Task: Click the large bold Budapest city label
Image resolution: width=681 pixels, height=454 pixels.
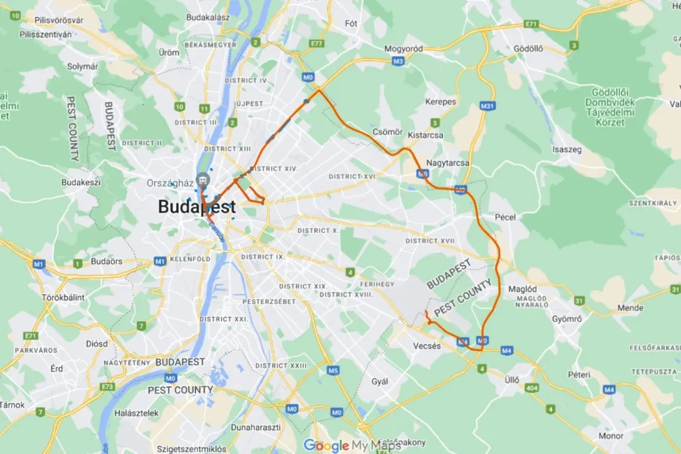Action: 197,207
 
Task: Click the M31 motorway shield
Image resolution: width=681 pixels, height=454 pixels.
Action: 488,106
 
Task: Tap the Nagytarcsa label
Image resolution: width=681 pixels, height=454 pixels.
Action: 448,163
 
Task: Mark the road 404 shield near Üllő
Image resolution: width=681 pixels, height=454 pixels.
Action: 531,388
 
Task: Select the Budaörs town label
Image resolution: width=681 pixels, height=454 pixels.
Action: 107,261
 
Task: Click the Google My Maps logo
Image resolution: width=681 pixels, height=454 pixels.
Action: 352,445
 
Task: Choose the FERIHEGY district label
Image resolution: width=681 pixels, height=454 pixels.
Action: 377,284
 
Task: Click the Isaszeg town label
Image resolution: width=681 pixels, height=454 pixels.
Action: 567,149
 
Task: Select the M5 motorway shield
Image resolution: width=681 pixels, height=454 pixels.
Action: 333,370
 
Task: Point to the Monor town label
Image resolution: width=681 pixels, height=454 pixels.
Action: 611,436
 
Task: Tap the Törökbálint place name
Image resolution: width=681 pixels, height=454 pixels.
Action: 63,297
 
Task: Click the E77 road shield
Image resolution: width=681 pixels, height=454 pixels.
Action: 316,43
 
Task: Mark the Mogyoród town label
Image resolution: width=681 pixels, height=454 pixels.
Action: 403,49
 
